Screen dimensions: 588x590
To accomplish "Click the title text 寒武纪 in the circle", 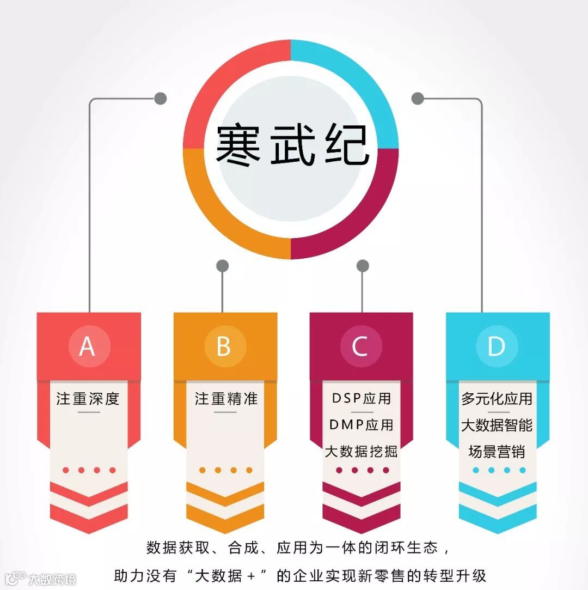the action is [292, 145].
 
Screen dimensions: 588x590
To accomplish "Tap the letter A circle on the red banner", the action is [87, 346].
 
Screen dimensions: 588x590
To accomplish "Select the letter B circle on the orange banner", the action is [224, 346].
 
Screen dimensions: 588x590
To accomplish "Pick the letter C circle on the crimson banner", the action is [360, 346].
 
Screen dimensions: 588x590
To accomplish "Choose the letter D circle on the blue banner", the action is [496, 346].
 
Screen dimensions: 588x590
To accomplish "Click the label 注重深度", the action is [88, 399].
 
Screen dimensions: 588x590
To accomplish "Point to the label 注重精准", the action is [226, 399].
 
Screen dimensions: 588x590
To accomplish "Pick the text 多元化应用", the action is [497, 398].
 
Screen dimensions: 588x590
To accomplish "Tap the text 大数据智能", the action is [497, 425].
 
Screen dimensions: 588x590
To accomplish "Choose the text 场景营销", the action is [497, 452].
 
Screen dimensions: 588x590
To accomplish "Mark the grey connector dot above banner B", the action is [222, 266].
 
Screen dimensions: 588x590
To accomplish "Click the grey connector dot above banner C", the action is [363, 266].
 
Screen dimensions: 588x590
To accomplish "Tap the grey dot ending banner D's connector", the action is [418, 99].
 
